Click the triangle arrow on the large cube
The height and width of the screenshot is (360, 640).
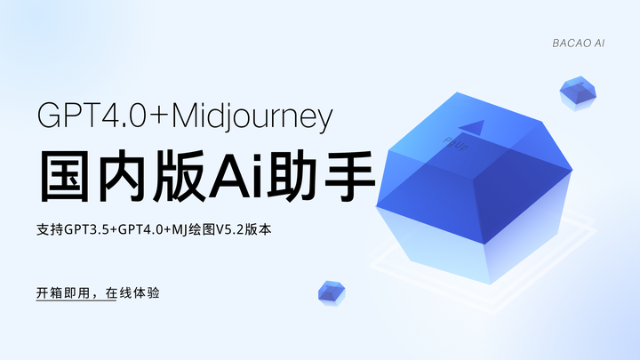tap(475, 126)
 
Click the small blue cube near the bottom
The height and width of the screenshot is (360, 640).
tap(331, 292)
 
